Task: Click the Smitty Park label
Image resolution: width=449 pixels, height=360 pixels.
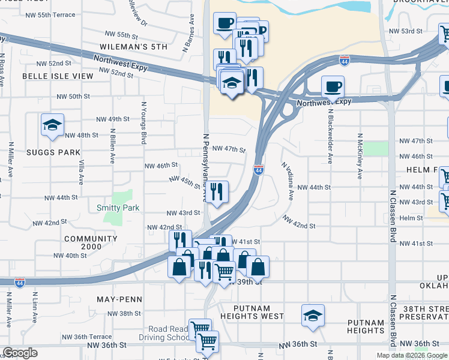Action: pyautogui.click(x=118, y=208)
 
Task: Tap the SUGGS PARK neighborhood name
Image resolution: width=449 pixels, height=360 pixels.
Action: pyautogui.click(x=53, y=152)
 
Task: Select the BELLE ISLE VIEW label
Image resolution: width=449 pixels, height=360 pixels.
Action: pyautogui.click(x=58, y=76)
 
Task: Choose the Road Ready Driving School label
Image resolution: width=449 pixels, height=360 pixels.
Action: pyautogui.click(x=170, y=333)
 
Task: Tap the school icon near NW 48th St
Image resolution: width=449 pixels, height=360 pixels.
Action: pyautogui.click(x=52, y=125)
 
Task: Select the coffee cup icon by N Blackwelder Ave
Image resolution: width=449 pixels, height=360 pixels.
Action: pyautogui.click(x=333, y=86)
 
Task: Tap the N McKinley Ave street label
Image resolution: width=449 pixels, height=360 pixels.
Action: pyautogui.click(x=360, y=156)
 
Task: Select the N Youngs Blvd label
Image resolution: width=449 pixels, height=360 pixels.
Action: pyautogui.click(x=143, y=122)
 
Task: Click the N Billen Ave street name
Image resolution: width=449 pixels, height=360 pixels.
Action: pyautogui.click(x=112, y=146)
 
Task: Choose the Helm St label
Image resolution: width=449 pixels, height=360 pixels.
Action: pyautogui.click(x=411, y=218)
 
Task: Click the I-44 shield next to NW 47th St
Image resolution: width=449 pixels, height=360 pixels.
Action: pyautogui.click(x=258, y=170)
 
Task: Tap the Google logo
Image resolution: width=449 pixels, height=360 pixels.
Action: pyautogui.click(x=20, y=353)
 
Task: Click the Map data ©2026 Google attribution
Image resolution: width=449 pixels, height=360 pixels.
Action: pyautogui.click(x=412, y=355)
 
